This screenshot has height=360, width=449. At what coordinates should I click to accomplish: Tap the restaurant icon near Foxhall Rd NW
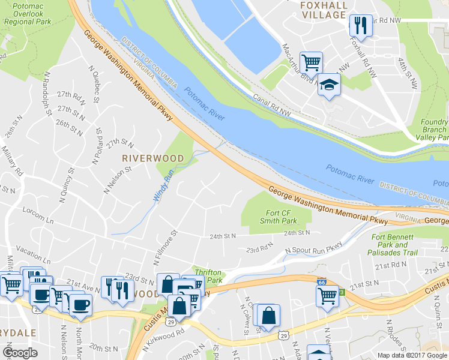[360, 25]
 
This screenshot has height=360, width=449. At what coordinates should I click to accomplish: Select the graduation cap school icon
[329, 84]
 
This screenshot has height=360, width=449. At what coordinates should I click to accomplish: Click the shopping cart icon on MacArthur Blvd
[311, 62]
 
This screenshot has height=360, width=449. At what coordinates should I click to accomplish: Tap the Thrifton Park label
[207, 276]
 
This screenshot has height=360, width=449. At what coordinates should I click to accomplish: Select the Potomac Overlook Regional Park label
[27, 16]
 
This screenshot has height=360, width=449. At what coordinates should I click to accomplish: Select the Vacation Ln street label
[32, 249]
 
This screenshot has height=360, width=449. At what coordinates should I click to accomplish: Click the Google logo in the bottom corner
[20, 352]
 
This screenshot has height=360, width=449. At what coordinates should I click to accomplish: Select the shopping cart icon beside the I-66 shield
[327, 296]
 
